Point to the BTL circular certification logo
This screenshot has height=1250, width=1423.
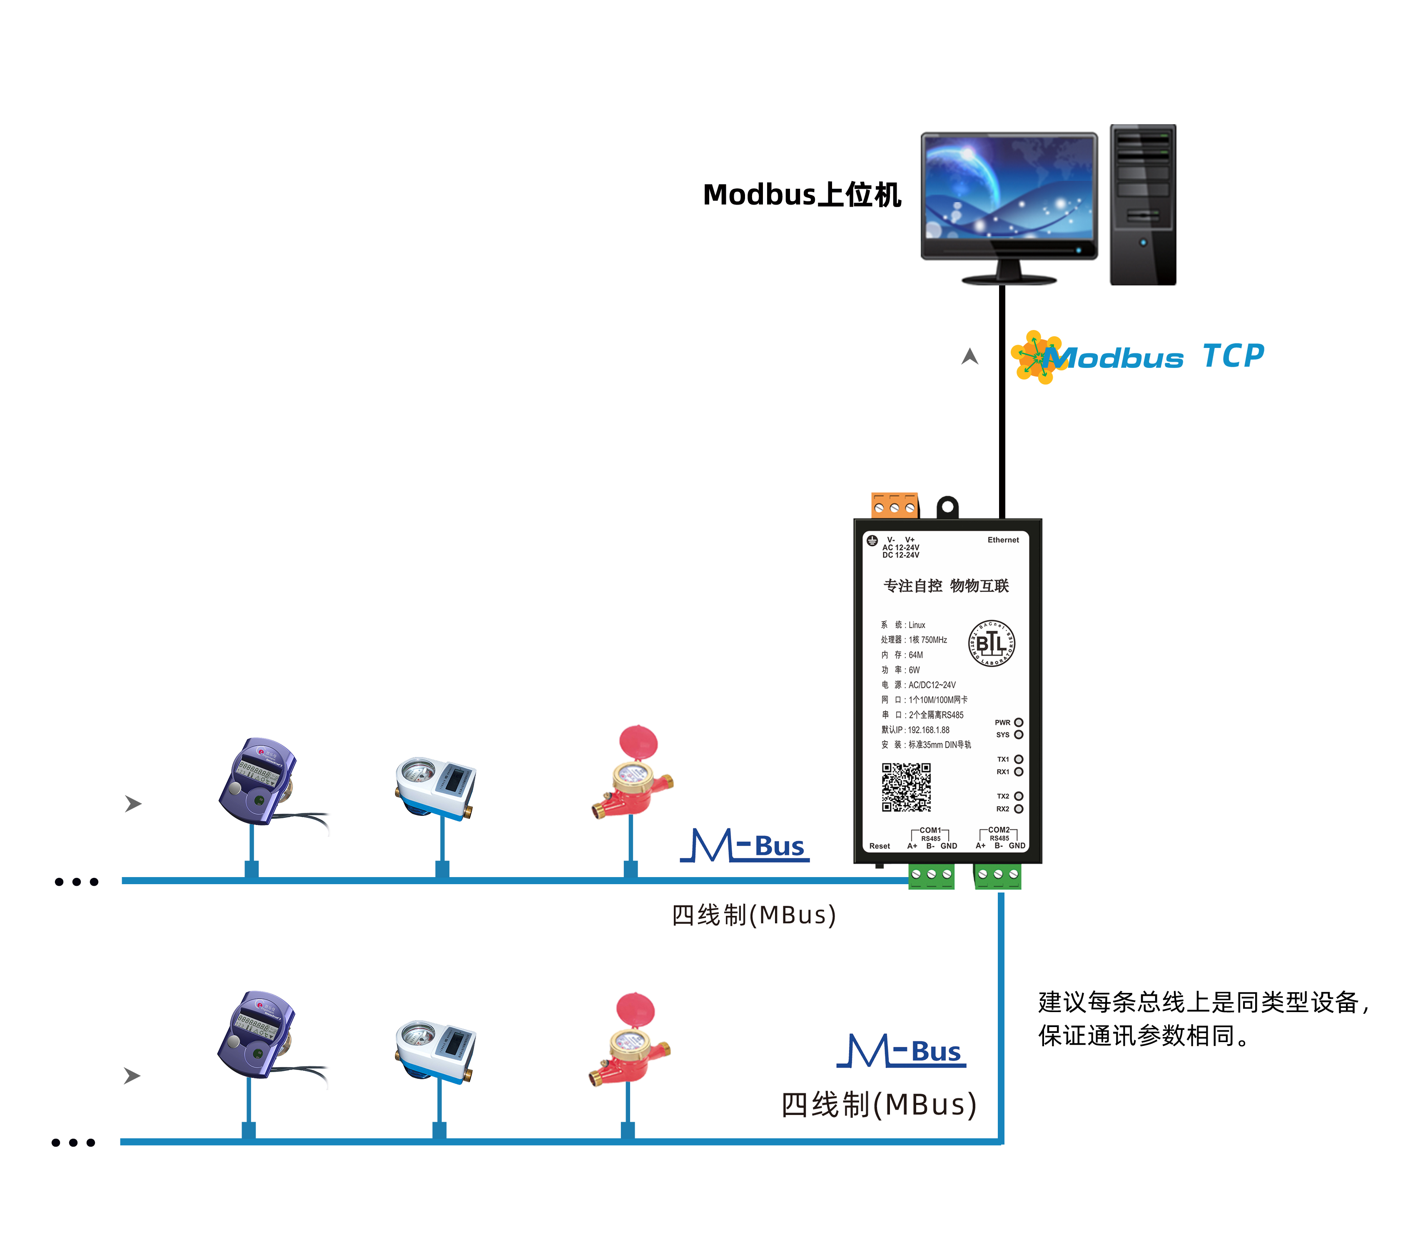click(x=992, y=643)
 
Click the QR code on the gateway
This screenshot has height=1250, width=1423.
click(x=906, y=787)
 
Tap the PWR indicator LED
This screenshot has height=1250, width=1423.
click(x=1019, y=722)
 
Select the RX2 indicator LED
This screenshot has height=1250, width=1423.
click(x=1019, y=808)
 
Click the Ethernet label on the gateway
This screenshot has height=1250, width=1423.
click(x=1002, y=540)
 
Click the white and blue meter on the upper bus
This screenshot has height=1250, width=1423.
click(x=436, y=787)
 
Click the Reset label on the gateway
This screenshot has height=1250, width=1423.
click(x=879, y=846)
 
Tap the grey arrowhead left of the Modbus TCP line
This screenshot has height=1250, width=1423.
click(x=970, y=357)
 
